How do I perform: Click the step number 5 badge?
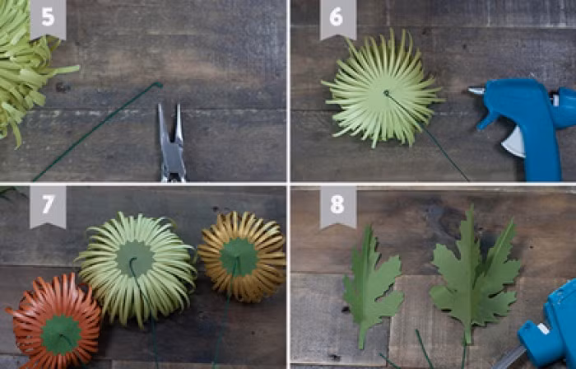click(x=48, y=18)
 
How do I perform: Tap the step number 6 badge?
click(x=338, y=18)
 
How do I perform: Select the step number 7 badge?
click(x=48, y=207)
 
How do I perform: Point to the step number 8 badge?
click(x=338, y=207)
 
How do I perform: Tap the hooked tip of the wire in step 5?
click(x=160, y=84)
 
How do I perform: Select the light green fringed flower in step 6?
click(x=382, y=90)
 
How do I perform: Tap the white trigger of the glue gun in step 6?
click(x=514, y=142)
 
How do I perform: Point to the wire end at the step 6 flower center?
click(x=386, y=92)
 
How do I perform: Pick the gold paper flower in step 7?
click(x=243, y=256)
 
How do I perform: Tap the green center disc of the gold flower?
click(x=239, y=257)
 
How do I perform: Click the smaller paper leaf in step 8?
click(x=372, y=285)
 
